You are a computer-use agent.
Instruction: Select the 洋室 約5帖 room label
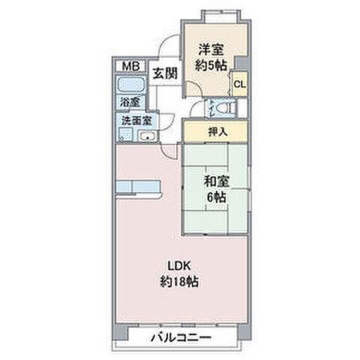[211, 56]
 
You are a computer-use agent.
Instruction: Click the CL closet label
[238, 84]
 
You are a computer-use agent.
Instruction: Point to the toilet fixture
[227, 109]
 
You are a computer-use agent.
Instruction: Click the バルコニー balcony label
[183, 338]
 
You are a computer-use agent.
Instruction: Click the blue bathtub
[130, 85]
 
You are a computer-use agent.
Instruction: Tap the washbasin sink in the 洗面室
[147, 136]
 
